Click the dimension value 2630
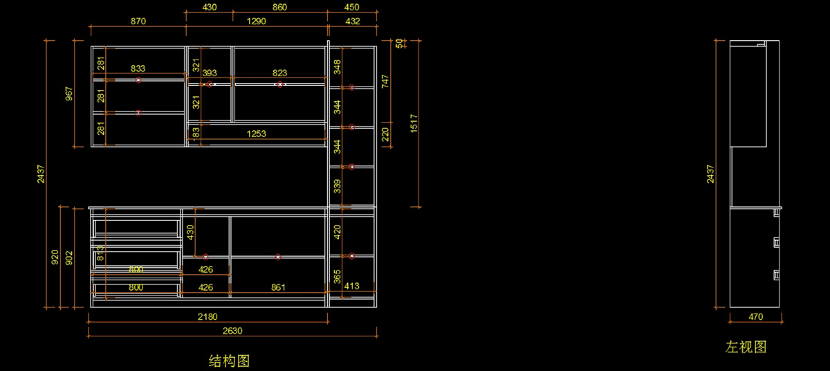point(232,331)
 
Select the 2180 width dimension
point(207,317)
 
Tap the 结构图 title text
point(229,361)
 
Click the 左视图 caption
point(746,347)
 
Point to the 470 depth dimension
point(755,317)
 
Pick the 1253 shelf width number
point(256,134)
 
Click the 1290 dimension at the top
point(256,21)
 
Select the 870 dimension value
point(138,21)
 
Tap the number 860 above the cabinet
point(279,7)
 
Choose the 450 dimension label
point(352,7)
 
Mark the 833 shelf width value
point(138,69)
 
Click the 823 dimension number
point(279,73)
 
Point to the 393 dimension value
point(210,73)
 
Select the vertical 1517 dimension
point(414,123)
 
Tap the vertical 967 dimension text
point(68,93)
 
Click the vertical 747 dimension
point(386,82)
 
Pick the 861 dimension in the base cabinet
point(278,287)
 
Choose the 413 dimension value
point(351,286)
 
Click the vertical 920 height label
point(55,257)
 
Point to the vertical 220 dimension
point(386,134)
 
